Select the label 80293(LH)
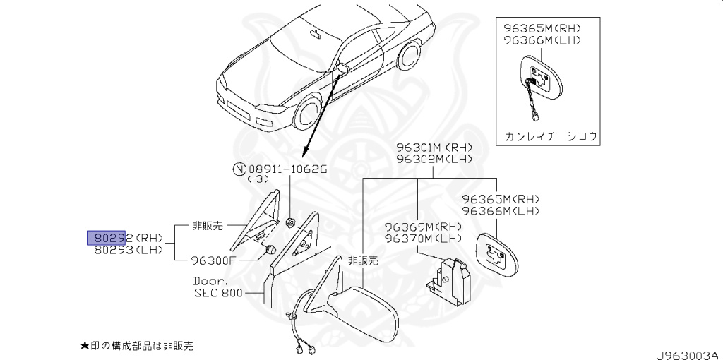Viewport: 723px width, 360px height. pos(124,249)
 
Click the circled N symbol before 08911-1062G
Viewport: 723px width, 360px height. pos(239,169)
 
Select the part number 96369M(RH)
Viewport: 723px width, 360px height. pos(423,227)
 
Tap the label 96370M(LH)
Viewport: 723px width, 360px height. pos(423,238)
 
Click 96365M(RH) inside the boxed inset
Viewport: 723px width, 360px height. pos(542,29)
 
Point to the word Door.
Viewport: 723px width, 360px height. pos(208,280)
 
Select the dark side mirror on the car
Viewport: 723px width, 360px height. pos(344,68)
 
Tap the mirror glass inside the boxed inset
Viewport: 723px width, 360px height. pos(546,80)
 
